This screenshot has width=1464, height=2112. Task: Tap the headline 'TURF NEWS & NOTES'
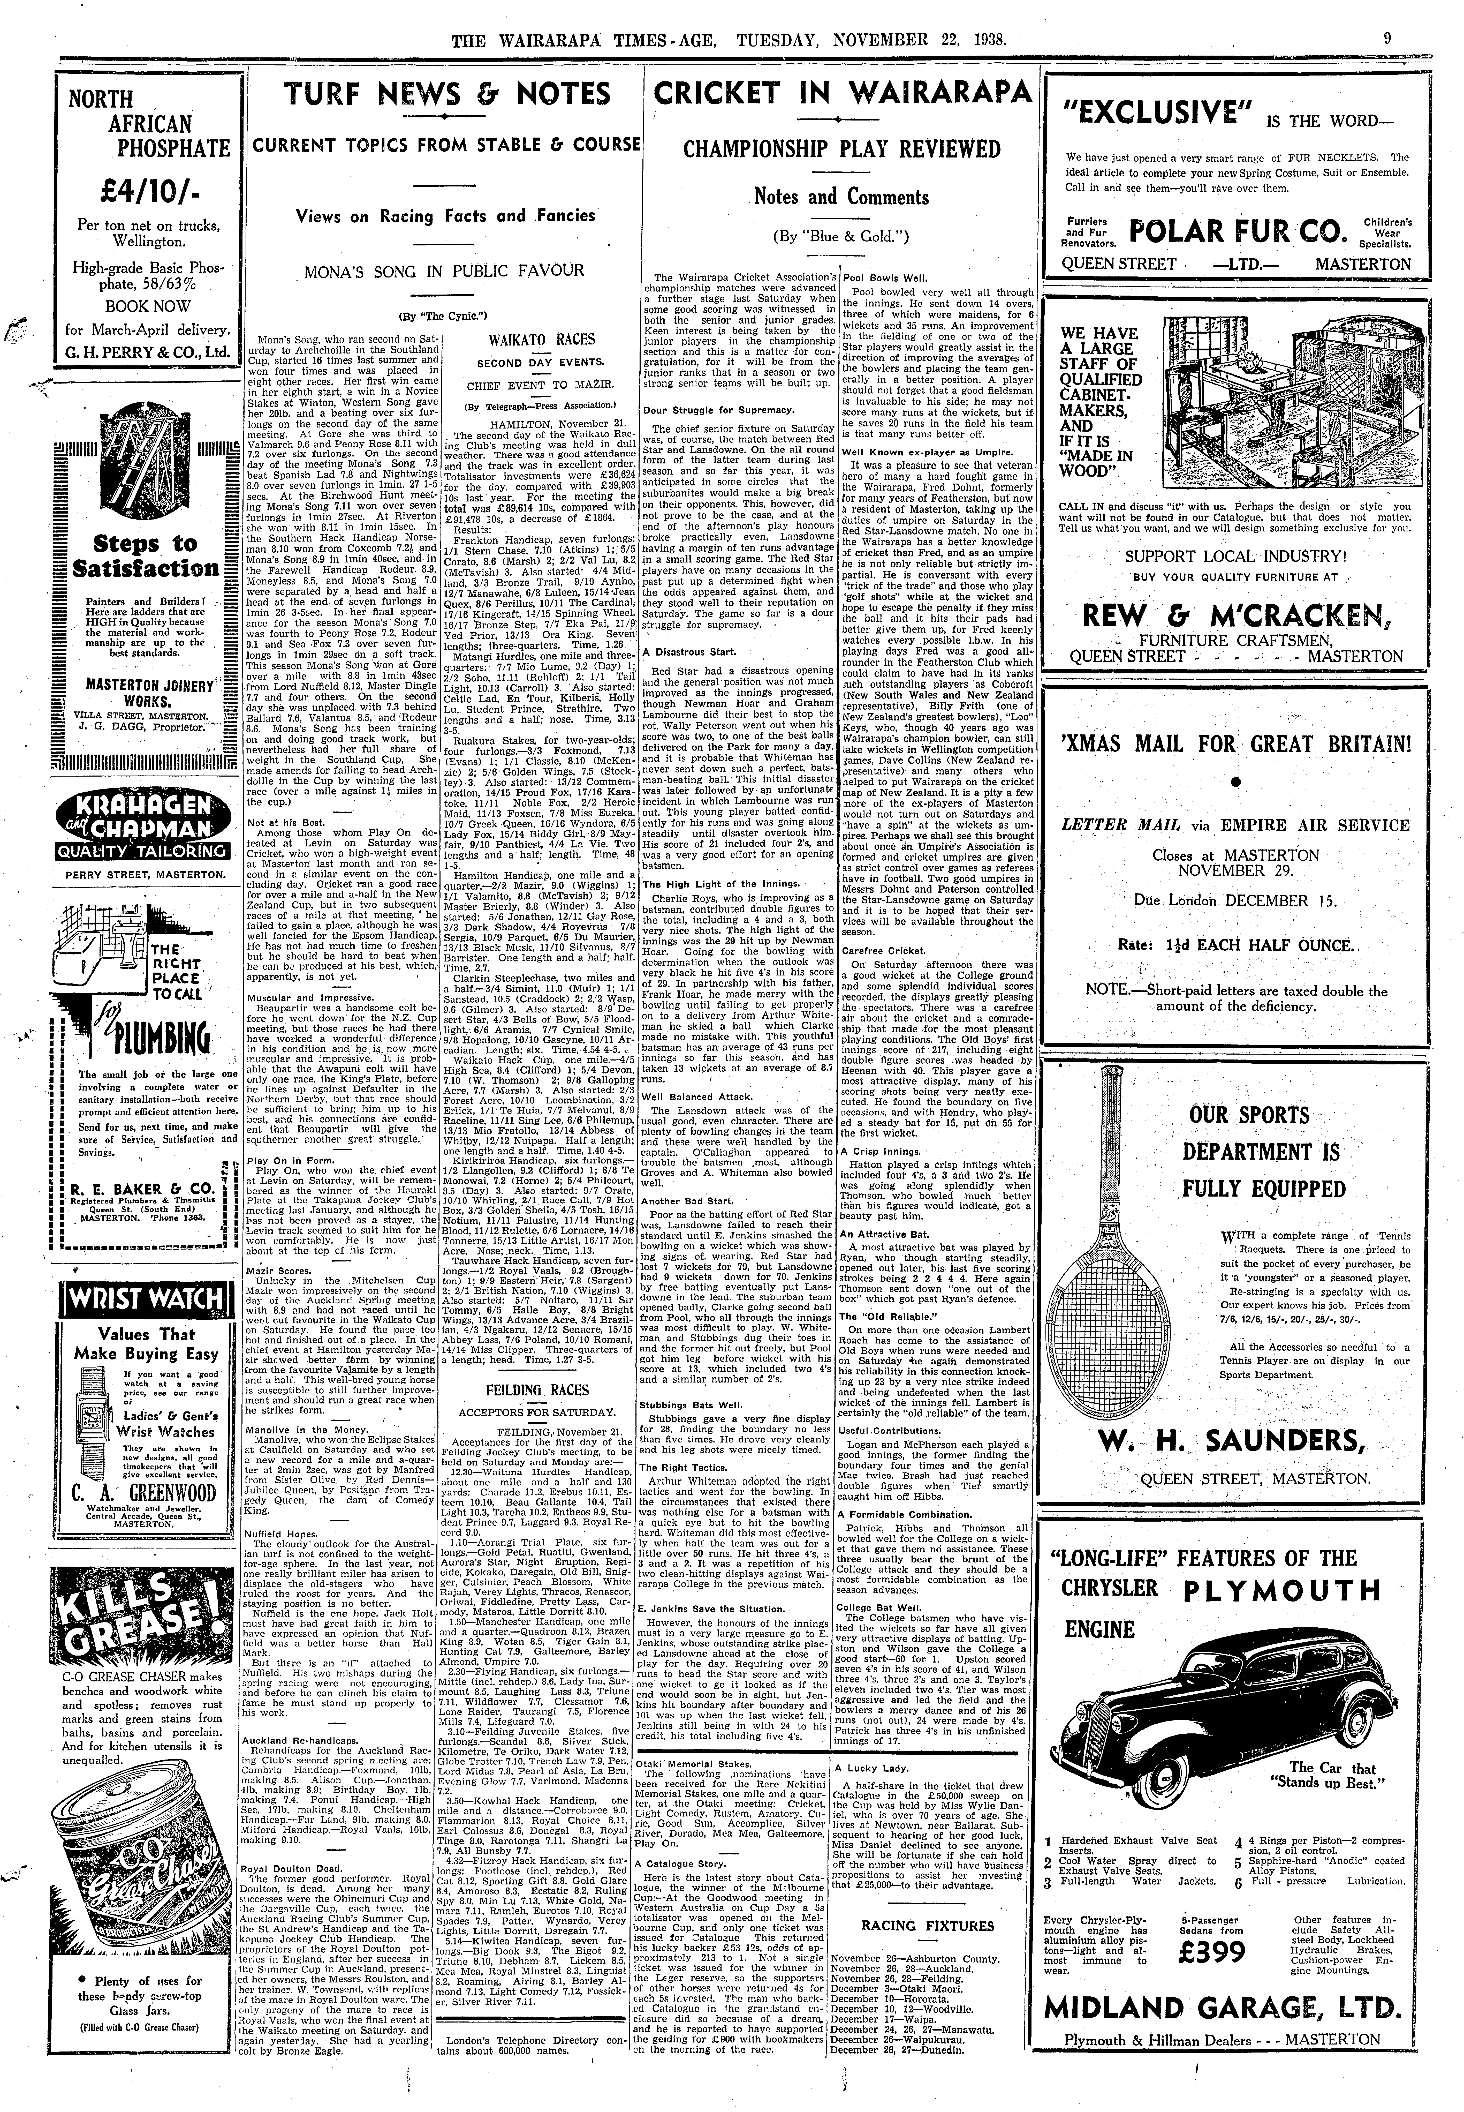pyautogui.click(x=448, y=94)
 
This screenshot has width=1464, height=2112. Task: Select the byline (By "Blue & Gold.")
pyautogui.click(x=841, y=236)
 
